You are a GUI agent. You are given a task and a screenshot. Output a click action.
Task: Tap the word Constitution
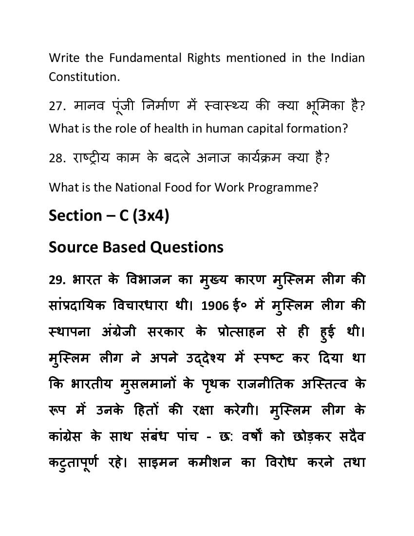tap(83, 77)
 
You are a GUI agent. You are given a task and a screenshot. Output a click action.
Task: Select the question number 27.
tap(58, 106)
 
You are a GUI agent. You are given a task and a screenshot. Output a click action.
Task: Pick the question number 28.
tap(58, 158)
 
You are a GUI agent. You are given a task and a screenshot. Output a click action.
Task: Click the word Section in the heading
tap(75, 215)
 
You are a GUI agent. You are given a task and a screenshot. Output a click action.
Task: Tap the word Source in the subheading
tap(72, 247)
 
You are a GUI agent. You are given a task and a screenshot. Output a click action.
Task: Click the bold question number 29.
tap(57, 280)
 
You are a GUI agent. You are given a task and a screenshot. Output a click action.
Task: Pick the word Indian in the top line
tap(347, 58)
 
